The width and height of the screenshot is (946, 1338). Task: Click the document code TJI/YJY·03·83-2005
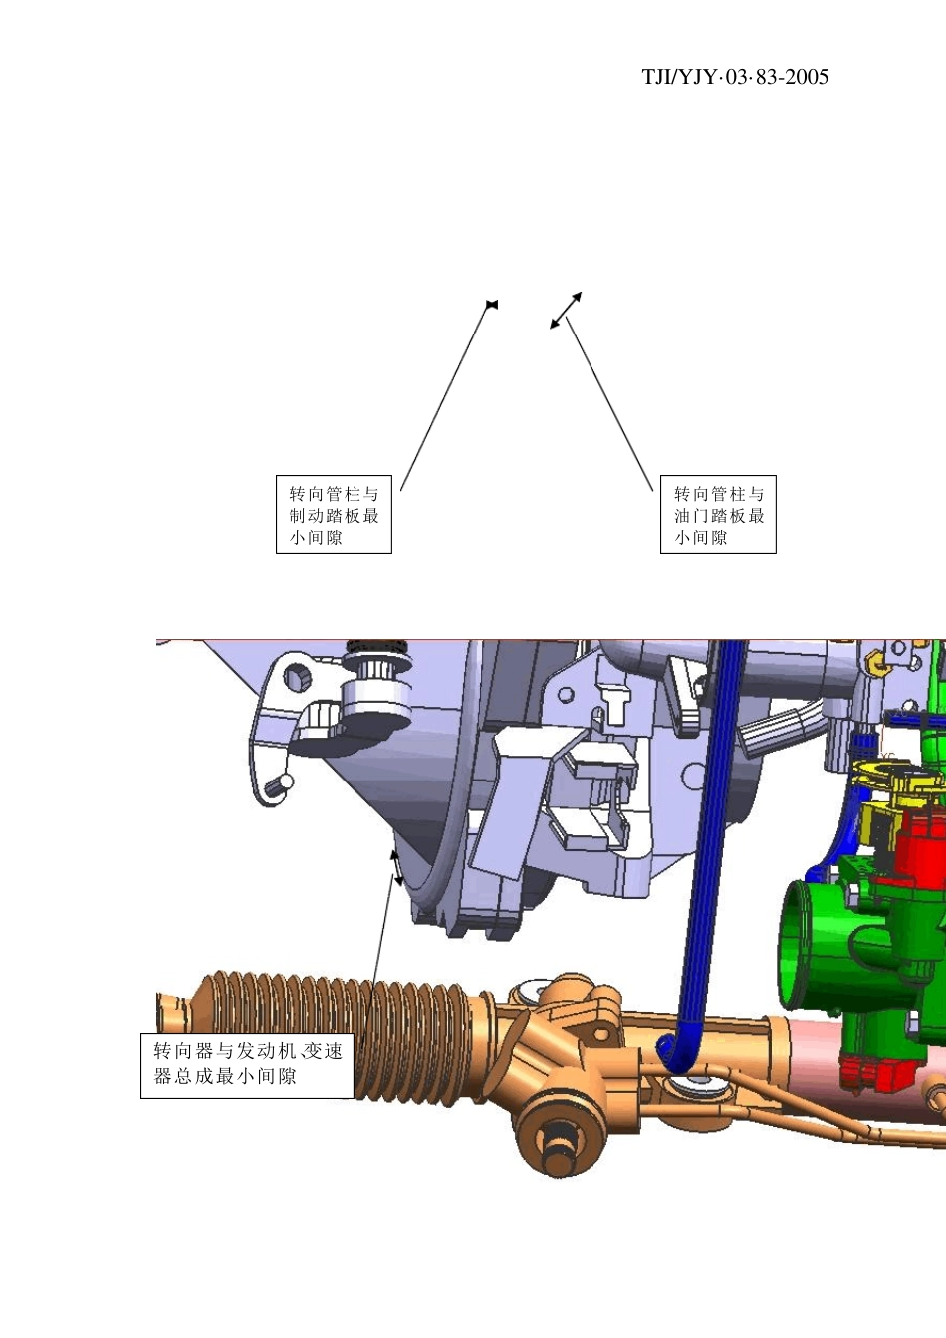[735, 77]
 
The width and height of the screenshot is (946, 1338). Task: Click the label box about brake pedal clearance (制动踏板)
[334, 514]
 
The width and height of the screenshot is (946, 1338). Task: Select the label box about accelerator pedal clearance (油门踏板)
[718, 514]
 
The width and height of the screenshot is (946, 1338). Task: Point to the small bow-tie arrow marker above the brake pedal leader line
[492, 305]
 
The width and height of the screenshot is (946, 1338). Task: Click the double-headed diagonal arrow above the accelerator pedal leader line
[566, 310]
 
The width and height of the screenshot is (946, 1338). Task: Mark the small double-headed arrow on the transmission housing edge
[396, 868]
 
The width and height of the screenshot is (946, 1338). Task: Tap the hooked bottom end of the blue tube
[678, 1054]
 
